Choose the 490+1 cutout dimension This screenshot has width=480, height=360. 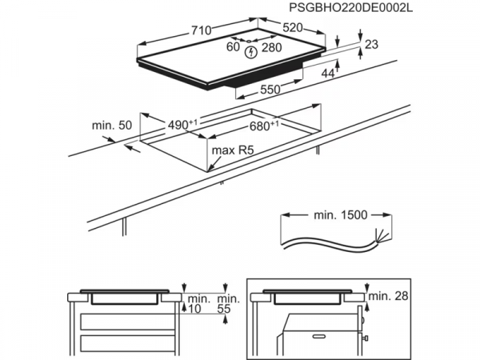coord(182,125)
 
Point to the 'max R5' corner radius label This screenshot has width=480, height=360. coord(230,150)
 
